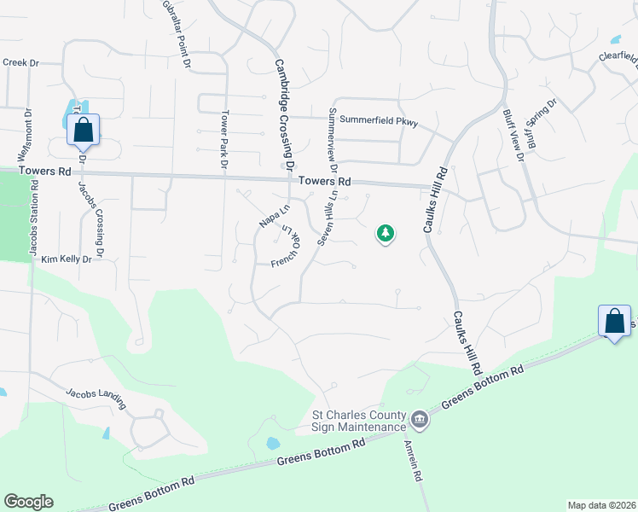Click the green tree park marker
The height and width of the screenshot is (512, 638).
pos(386,233)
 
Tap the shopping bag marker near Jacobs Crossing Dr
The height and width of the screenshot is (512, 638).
pos(83,131)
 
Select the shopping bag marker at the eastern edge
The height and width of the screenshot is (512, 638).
pos(614,323)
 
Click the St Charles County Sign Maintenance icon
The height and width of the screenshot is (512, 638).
pos(420,419)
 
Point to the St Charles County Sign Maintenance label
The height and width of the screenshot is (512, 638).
pos(357,421)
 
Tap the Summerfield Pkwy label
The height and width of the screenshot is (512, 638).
pos(379,120)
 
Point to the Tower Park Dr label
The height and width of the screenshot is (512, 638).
pos(224,138)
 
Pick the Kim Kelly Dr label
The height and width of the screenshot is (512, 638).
pos(66,259)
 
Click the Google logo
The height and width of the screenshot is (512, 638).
pos(28,502)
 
